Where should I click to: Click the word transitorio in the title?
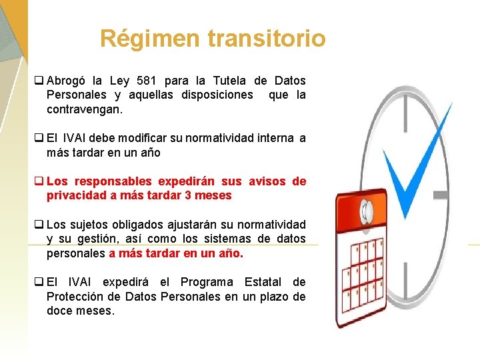(267, 38)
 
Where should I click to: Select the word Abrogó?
(69, 81)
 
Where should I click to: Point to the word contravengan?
(84, 109)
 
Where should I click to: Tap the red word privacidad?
(77, 195)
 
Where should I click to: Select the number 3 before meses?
(189, 195)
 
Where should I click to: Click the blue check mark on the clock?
(412, 167)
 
